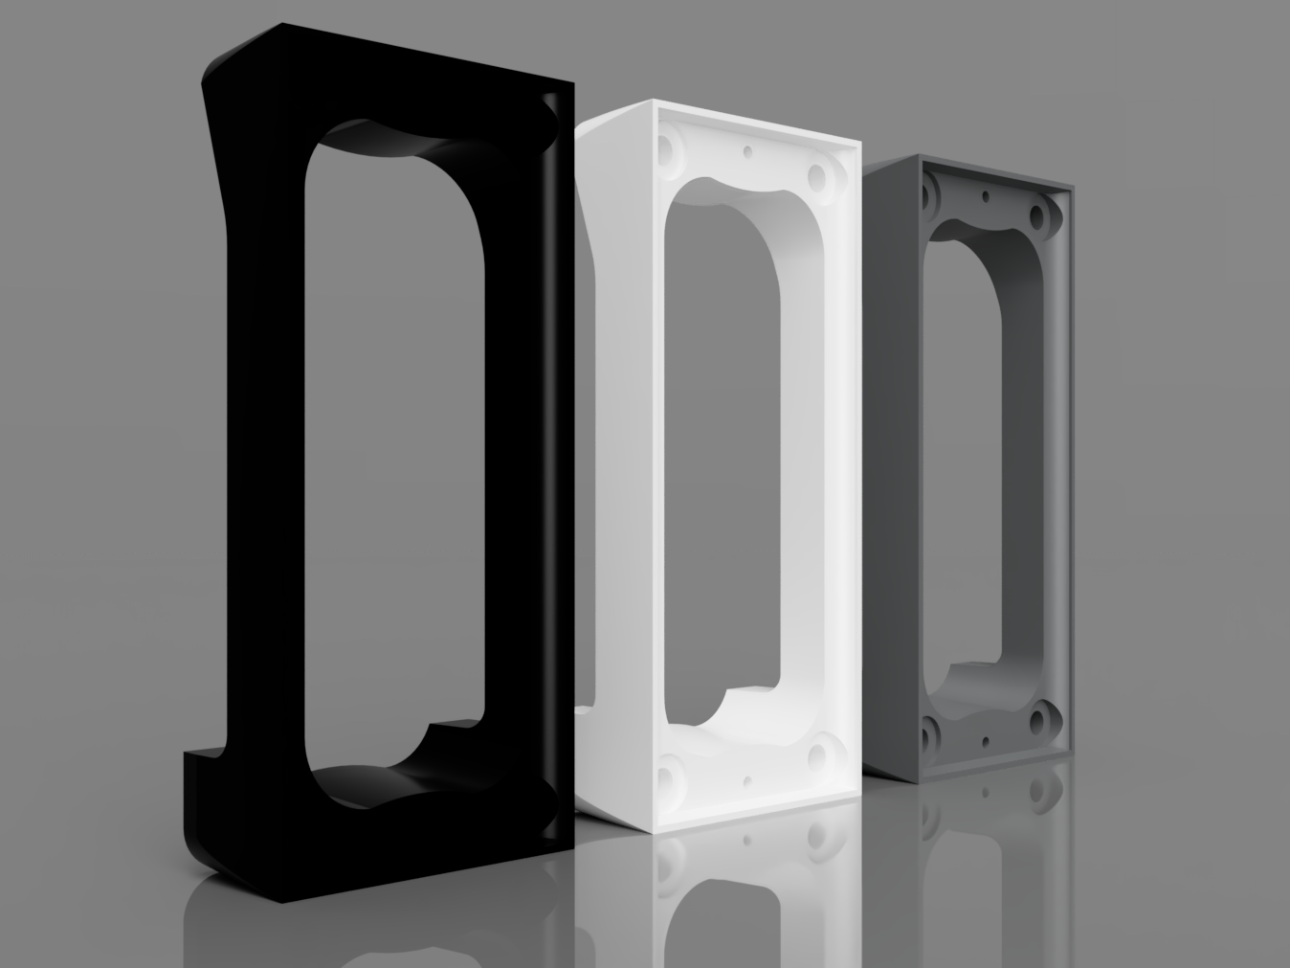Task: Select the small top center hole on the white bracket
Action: (x=746, y=151)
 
